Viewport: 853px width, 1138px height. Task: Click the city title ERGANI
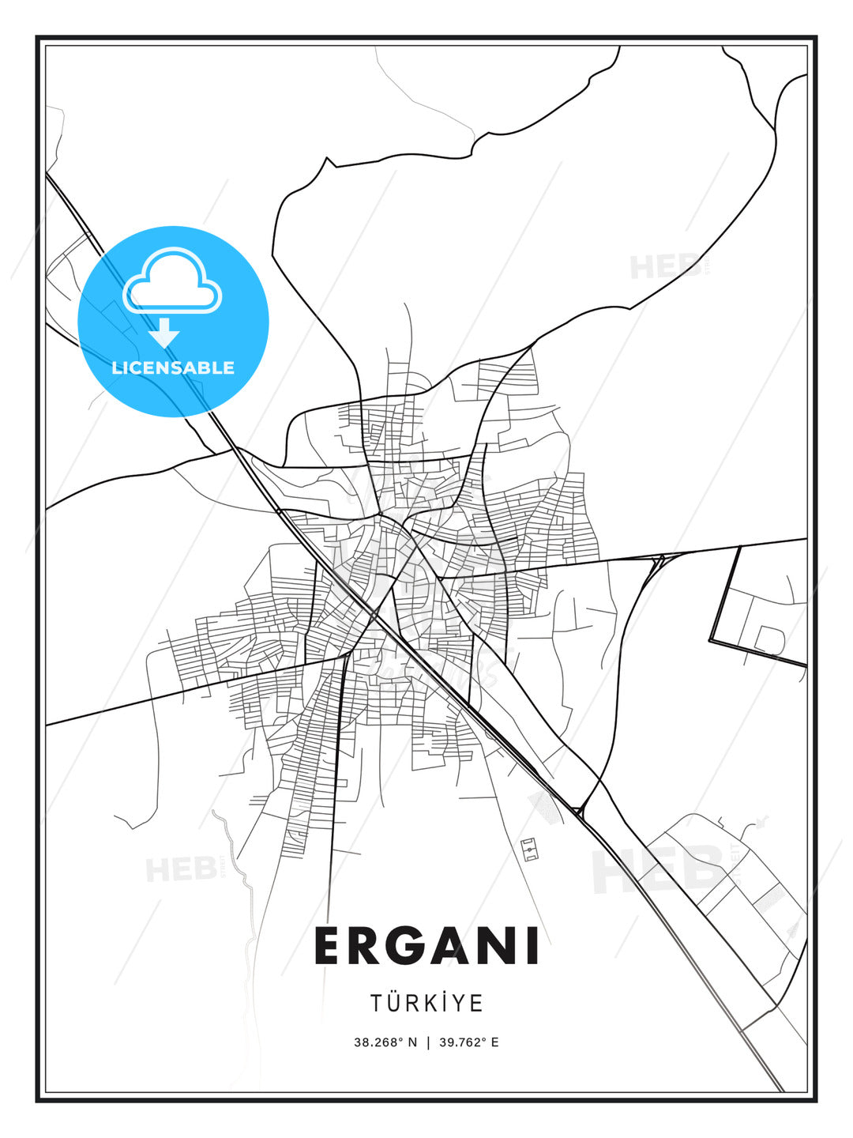(x=426, y=946)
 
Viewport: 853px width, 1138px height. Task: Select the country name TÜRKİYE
(x=426, y=1003)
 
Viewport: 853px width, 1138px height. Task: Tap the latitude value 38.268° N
(x=385, y=1042)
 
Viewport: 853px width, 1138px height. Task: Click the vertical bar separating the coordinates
(x=428, y=1042)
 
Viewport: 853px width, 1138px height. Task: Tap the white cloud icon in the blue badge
(x=172, y=282)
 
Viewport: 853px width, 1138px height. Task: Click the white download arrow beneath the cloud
(x=164, y=333)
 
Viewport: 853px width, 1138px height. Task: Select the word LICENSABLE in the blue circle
(x=173, y=367)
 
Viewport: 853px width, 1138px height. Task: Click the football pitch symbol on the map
(x=530, y=850)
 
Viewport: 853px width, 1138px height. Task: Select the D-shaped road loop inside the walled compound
(x=769, y=639)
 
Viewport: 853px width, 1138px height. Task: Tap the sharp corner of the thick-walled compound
(x=711, y=639)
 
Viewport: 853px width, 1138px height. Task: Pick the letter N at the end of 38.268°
(x=411, y=1042)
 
